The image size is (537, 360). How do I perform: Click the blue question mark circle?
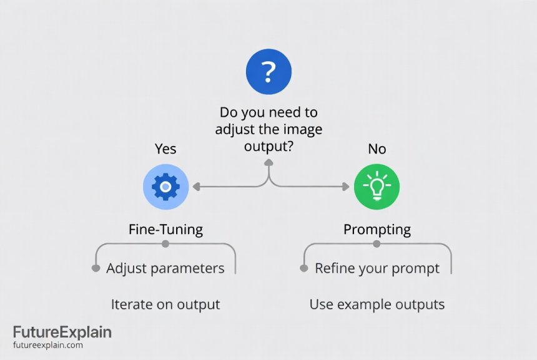(268, 72)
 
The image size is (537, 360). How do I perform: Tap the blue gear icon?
(165, 186)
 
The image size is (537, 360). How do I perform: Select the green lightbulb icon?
(377, 186)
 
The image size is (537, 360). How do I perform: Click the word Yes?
(165, 148)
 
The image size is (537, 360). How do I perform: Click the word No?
(377, 148)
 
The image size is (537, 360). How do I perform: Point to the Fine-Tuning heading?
(165, 229)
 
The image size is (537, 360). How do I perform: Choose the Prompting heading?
(377, 229)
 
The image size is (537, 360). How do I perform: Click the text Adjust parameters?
(165, 268)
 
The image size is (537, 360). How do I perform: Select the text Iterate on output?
(165, 304)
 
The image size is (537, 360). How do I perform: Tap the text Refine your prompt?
(377, 268)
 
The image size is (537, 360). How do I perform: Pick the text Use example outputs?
(377, 304)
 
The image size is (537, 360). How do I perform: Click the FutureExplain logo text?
(62, 332)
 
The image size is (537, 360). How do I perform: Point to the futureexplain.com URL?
(47, 345)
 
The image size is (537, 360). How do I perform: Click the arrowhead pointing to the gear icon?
(196, 186)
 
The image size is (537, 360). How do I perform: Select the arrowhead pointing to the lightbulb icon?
(345, 186)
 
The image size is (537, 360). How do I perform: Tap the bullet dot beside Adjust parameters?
(96, 268)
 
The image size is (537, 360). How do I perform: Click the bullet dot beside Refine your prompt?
(303, 268)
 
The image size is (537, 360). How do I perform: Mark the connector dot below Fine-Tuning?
(165, 244)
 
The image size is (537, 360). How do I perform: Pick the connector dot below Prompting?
(377, 244)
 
